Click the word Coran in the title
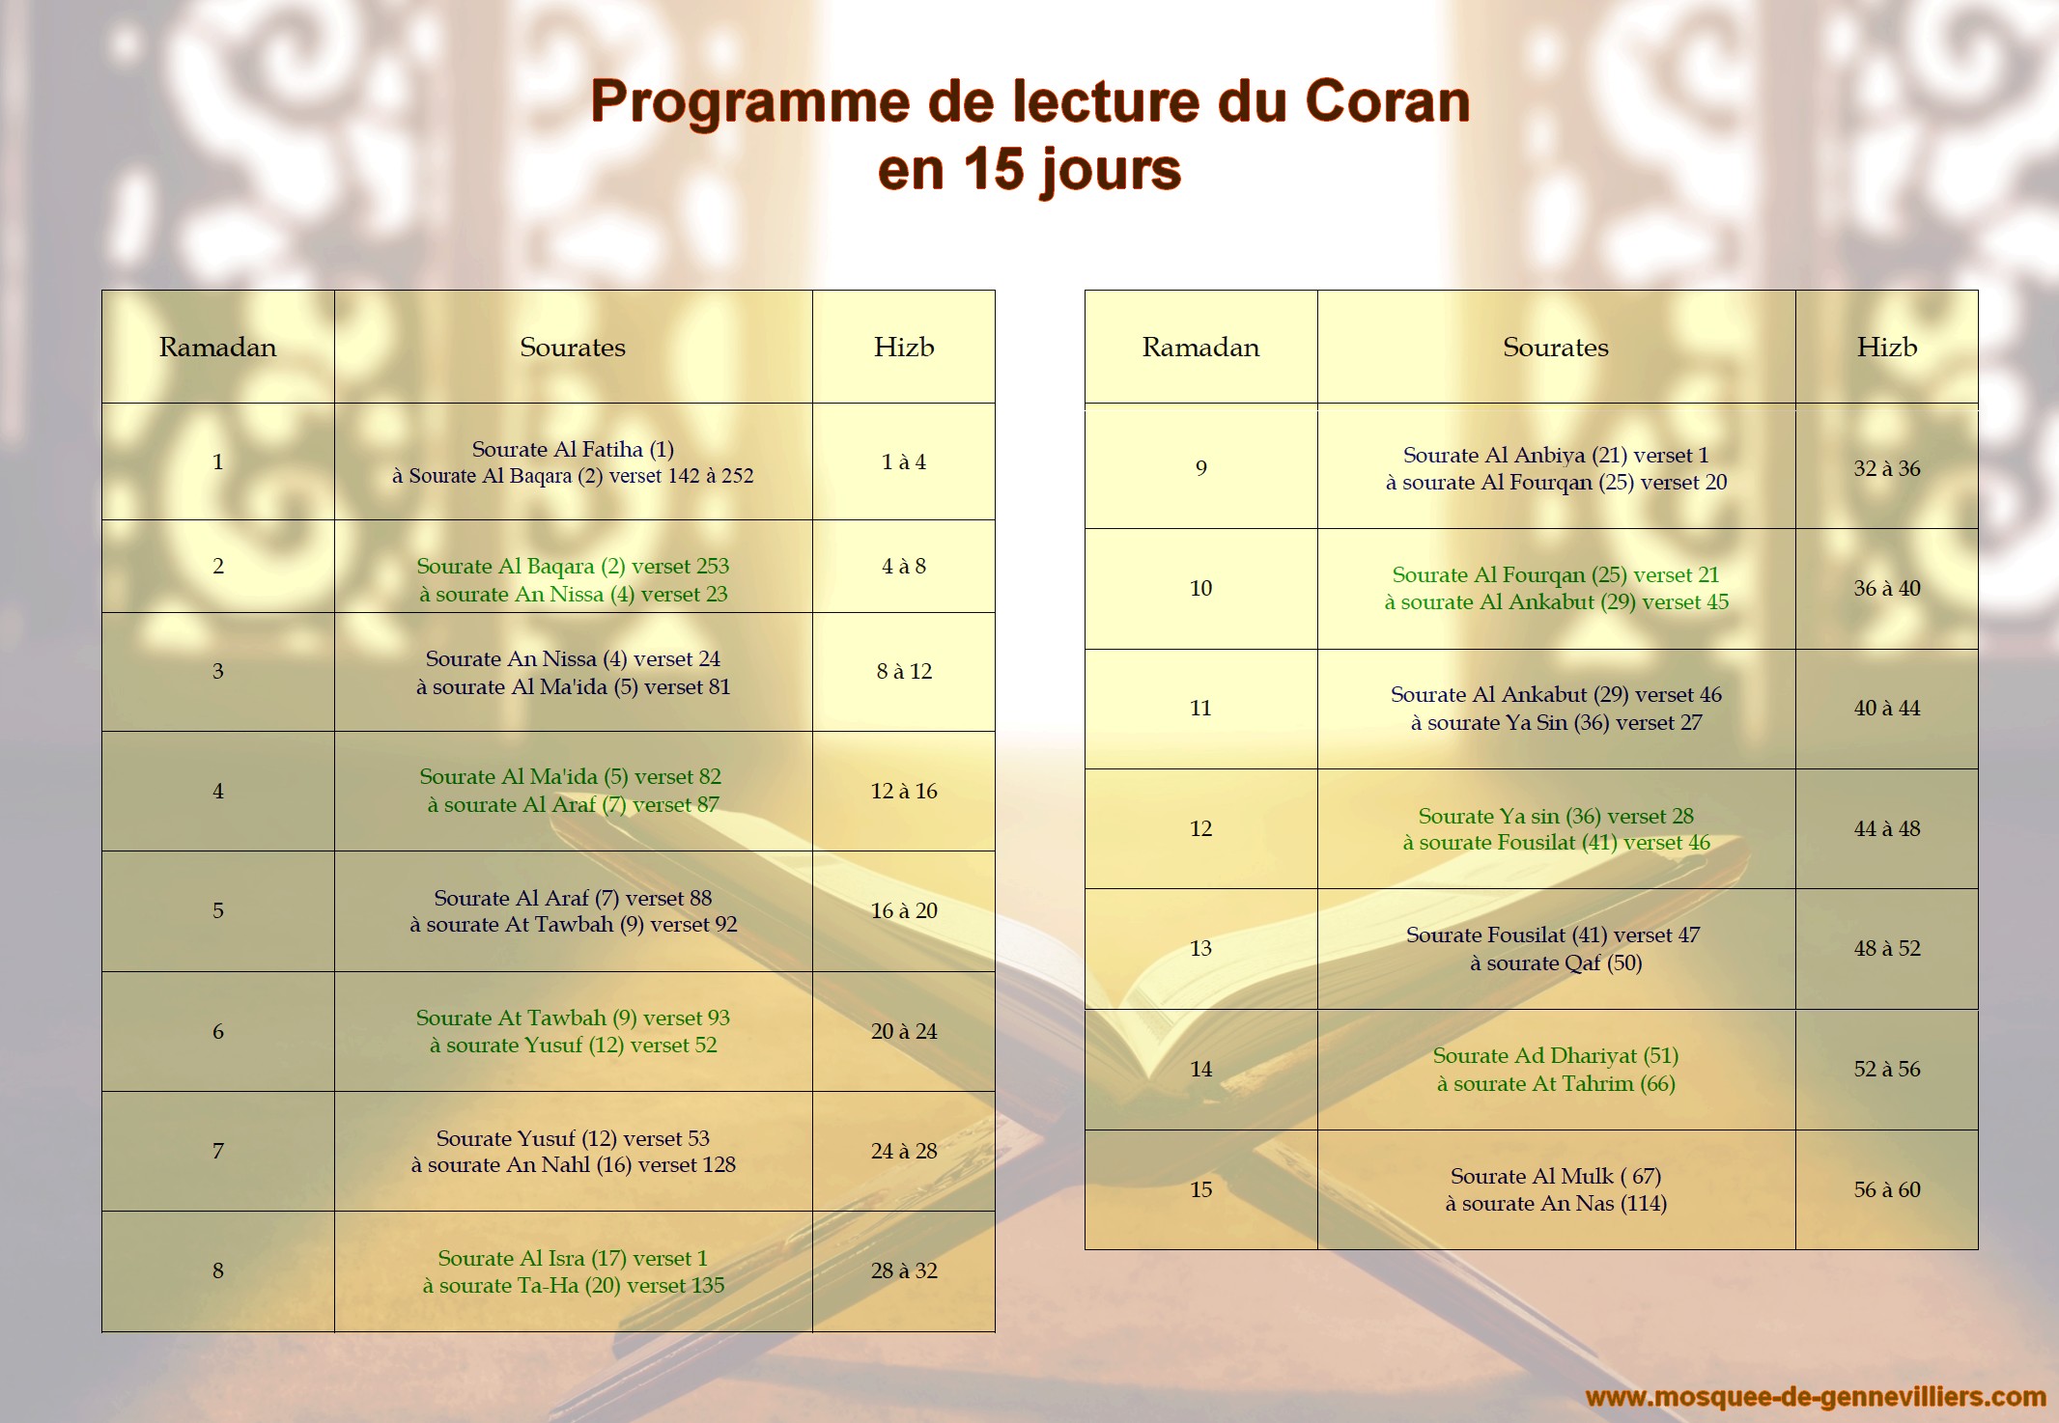click(x=1387, y=101)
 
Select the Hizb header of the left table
click(x=904, y=347)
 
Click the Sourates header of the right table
click(x=1556, y=347)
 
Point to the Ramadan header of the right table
click(x=1200, y=347)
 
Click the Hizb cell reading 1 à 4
click(x=904, y=461)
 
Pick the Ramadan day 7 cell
click(x=218, y=1151)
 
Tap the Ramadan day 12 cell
click(x=1200, y=828)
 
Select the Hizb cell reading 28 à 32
click(x=904, y=1270)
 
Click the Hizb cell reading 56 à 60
click(x=1887, y=1189)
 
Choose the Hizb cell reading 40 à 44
click(x=1887, y=708)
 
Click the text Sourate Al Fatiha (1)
click(x=573, y=449)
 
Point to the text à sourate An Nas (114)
click(x=1556, y=1203)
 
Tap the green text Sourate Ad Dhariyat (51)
click(x=1556, y=1055)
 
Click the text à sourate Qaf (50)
click(x=1556, y=963)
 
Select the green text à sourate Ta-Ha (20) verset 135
click(x=573, y=1285)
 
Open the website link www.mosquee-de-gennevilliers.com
click(x=1816, y=1397)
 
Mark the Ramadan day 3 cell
click(x=218, y=671)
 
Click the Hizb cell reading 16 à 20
click(x=904, y=910)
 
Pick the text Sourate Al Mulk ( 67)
click(x=1556, y=1176)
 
